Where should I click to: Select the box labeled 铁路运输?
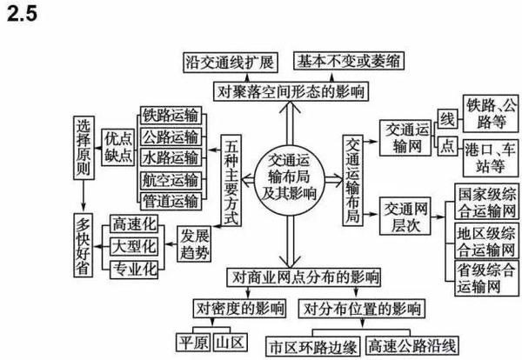pos(171,116)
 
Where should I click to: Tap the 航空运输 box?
pos(171,180)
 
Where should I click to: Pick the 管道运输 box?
pos(171,201)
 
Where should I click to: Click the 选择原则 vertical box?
pos(84,148)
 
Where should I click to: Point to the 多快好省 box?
pos(84,245)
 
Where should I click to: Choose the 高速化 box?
pos(134,224)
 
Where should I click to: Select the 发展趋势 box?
pos(194,243)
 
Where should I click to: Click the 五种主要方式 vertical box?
pos(231,180)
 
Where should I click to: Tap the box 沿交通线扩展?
pos(231,63)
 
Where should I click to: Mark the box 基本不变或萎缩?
pos(349,61)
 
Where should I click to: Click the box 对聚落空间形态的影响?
pos(291,91)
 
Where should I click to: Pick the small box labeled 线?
pos(447,119)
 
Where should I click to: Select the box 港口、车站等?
pos(491,158)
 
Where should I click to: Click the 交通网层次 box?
pos(405,216)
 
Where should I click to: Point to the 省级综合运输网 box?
pos(486,278)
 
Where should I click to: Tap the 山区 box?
pos(230,342)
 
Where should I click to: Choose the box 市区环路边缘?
pos(313,346)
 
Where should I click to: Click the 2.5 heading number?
pos(22,14)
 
